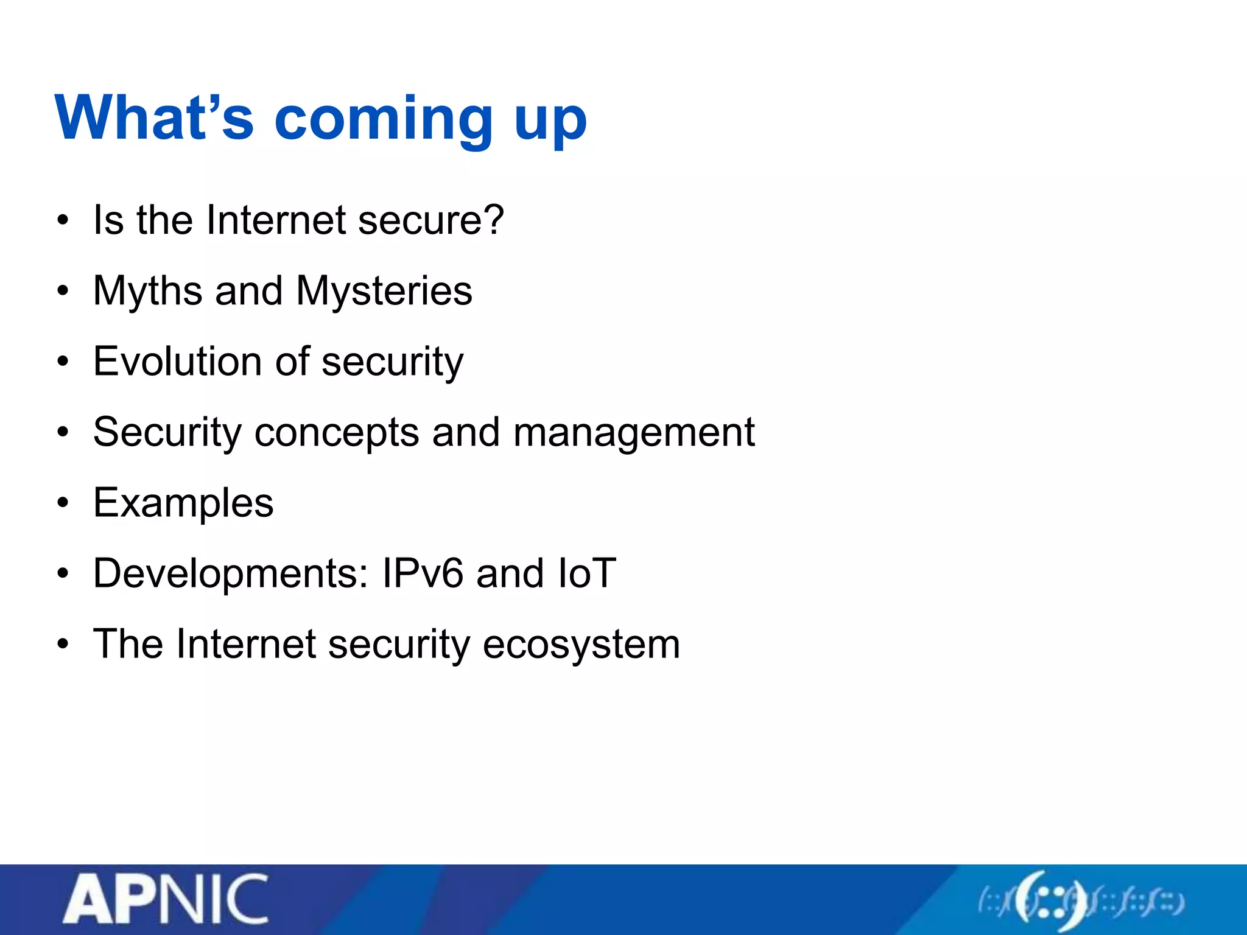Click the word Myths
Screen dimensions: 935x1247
[147, 291]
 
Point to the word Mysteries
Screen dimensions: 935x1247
[384, 291]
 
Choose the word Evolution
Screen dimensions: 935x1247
[177, 361]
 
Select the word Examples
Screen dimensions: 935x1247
[183, 503]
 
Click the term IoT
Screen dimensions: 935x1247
[586, 573]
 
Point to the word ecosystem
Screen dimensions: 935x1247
[581, 645]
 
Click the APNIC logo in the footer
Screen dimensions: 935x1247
[166, 900]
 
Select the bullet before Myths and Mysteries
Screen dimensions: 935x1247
[63, 292]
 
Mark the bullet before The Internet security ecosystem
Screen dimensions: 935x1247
[63, 645]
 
